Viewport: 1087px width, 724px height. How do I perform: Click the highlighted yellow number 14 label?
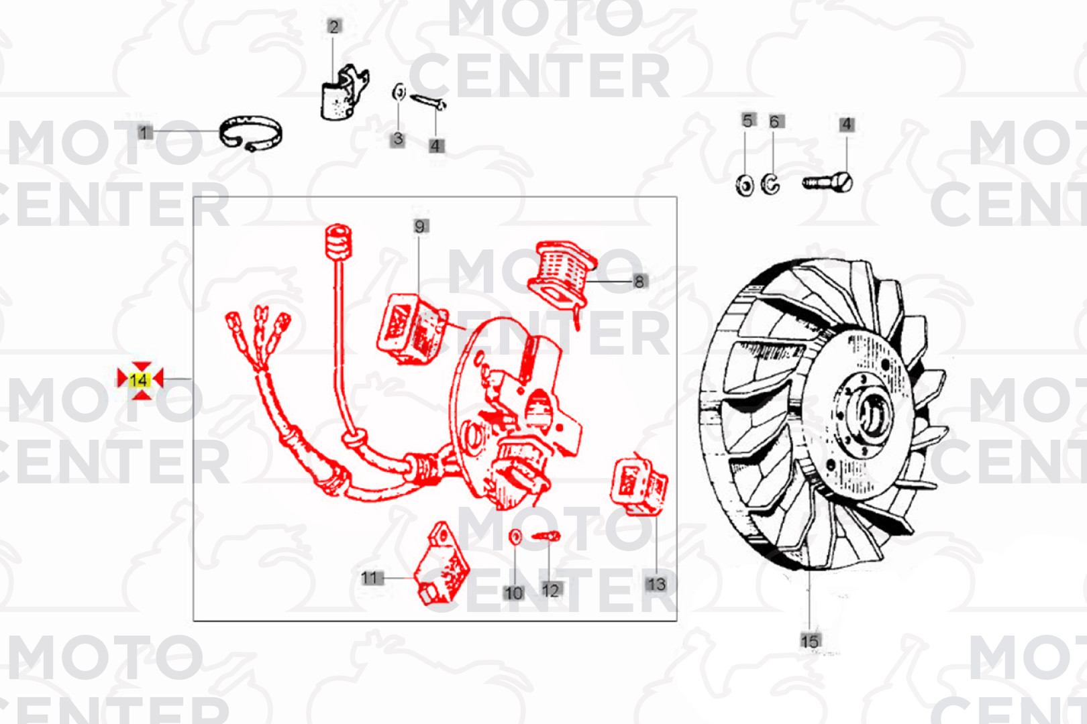pyautogui.click(x=140, y=380)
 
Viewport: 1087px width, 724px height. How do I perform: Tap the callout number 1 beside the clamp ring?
pyautogui.click(x=143, y=132)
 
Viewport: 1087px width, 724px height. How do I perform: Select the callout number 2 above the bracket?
pyautogui.click(x=333, y=26)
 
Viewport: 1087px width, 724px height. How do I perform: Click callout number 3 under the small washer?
pyautogui.click(x=398, y=139)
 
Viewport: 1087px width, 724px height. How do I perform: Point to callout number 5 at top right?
pyautogui.click(x=747, y=121)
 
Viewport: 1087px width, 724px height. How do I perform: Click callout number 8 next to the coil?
pyautogui.click(x=639, y=282)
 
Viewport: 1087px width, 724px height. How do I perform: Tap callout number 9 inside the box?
pyautogui.click(x=420, y=227)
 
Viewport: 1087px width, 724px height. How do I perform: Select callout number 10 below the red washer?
pyautogui.click(x=513, y=593)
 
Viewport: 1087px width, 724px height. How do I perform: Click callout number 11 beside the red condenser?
pyautogui.click(x=370, y=578)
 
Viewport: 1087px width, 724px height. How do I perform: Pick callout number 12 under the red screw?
pyautogui.click(x=551, y=590)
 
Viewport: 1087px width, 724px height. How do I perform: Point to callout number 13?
pyautogui.click(x=656, y=585)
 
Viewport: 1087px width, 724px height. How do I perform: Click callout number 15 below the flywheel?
pyautogui.click(x=809, y=642)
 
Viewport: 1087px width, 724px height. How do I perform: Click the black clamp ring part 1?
pyautogui.click(x=250, y=119)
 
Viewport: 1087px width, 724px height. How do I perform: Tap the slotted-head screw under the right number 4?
pyautogui.click(x=828, y=183)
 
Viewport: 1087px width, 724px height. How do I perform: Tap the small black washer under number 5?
pyautogui.click(x=745, y=186)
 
